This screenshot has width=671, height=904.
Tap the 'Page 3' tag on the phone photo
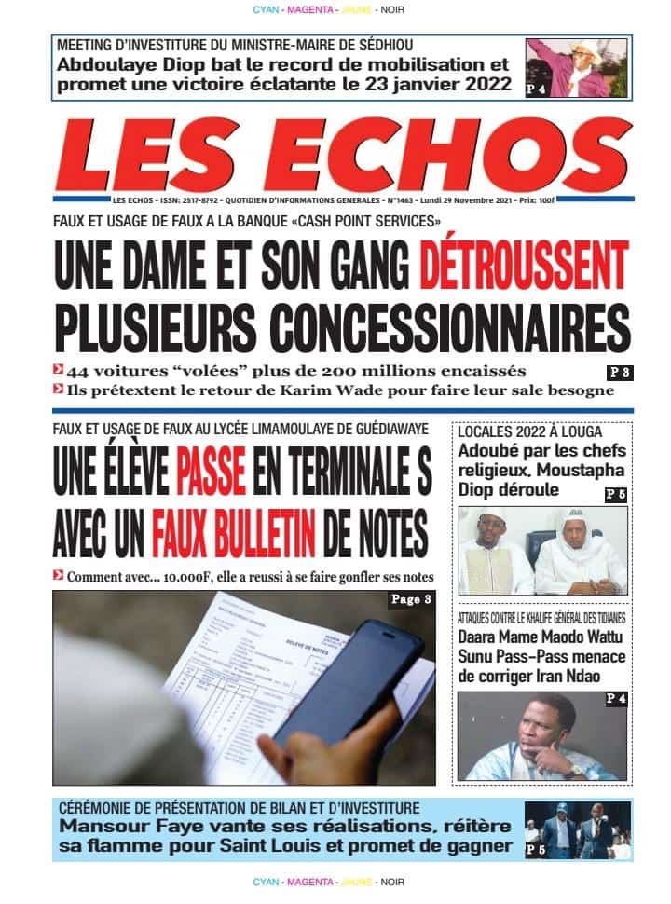[410, 600]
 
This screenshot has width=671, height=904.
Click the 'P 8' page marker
[619, 372]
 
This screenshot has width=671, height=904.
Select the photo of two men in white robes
[541, 552]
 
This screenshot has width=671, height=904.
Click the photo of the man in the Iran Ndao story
[541, 735]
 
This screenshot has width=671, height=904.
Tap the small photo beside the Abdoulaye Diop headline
[576, 68]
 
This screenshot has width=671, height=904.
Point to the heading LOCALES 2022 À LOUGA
[529, 432]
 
